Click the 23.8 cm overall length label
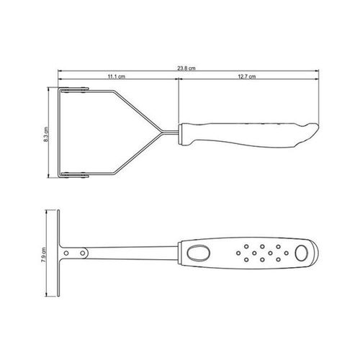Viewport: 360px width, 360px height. [x=186, y=68]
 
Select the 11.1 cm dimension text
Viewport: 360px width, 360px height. [x=117, y=76]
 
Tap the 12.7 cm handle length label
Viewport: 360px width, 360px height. [x=247, y=76]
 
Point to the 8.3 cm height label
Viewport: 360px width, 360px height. [x=46, y=135]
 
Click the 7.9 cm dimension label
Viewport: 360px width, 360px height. [x=44, y=254]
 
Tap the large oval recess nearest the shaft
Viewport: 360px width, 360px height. [x=199, y=253]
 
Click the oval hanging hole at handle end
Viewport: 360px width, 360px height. [x=302, y=253]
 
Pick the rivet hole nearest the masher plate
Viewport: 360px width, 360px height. [x=66, y=253]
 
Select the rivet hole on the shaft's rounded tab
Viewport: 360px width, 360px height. [x=83, y=253]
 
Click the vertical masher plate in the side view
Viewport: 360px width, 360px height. [x=58, y=253]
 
